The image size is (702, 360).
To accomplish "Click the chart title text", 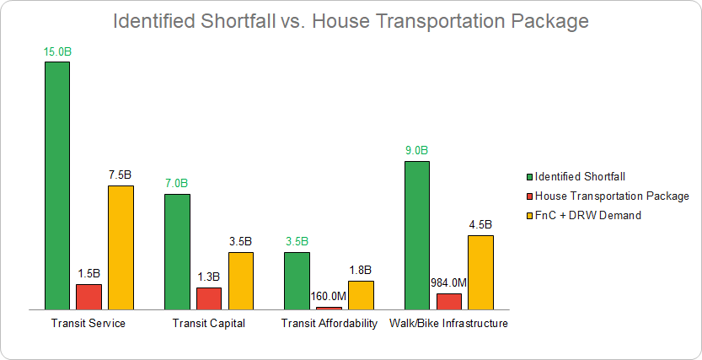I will [x=351, y=20].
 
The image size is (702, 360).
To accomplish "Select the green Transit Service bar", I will [x=57, y=185].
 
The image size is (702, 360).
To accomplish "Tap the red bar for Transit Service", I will [x=88, y=297].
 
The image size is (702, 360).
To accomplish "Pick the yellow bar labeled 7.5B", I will [x=121, y=248].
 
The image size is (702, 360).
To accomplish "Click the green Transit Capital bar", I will [x=177, y=252].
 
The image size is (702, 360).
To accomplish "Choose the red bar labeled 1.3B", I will [x=209, y=298].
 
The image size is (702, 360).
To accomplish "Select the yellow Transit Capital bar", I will [x=241, y=281].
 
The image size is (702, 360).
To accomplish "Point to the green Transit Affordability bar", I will [x=297, y=281].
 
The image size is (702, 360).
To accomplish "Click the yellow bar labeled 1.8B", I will [x=361, y=295].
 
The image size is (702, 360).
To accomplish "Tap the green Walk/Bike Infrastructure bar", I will [x=417, y=235].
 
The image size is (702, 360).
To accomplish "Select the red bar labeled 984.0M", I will [x=449, y=302].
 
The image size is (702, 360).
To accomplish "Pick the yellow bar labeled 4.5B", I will [x=480, y=272].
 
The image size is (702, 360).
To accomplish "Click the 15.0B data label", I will [x=57, y=51].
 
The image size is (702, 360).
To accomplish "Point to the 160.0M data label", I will [x=329, y=296].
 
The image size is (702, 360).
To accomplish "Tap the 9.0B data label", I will [x=417, y=151].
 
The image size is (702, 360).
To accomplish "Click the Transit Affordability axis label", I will [x=329, y=324].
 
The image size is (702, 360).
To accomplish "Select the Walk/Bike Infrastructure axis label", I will [x=448, y=324].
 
